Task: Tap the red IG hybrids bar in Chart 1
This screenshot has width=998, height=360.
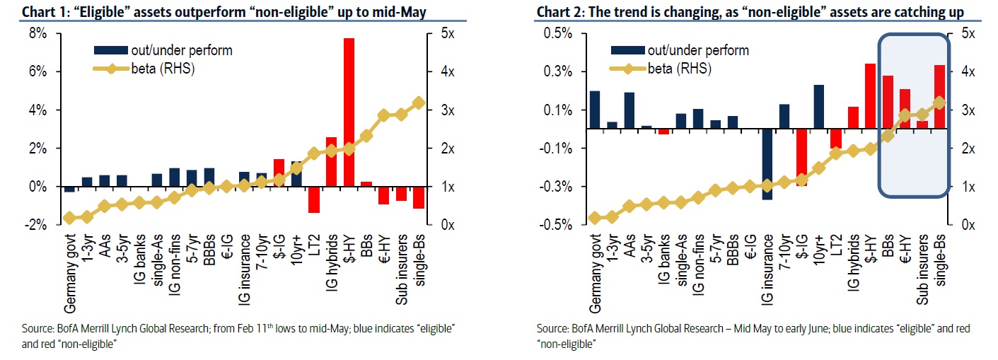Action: (331, 161)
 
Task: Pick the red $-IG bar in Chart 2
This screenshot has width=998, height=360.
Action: (802, 157)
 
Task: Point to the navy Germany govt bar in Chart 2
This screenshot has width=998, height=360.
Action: (595, 110)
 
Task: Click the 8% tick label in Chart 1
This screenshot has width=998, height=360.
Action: (37, 33)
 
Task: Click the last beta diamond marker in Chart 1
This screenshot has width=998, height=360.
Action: (418, 103)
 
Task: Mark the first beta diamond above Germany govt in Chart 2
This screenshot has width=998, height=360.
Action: (595, 217)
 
